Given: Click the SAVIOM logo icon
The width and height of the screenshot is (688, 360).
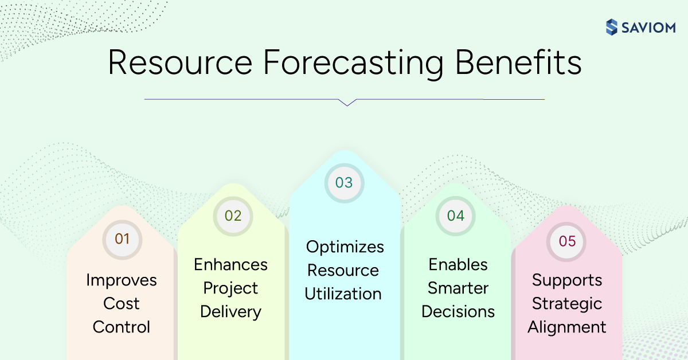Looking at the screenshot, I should [x=612, y=27].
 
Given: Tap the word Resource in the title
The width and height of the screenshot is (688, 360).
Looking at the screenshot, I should [x=179, y=64].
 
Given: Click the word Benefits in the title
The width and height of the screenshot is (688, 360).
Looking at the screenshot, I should [x=518, y=64].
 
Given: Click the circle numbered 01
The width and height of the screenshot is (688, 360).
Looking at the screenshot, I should [x=122, y=238].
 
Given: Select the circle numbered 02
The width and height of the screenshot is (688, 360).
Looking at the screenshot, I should [x=233, y=216].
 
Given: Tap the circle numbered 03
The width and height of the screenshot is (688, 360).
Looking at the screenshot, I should [x=344, y=182].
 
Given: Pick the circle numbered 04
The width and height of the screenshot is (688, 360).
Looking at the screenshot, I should [x=455, y=216].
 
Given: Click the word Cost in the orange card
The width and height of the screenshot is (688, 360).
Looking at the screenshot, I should [x=122, y=303].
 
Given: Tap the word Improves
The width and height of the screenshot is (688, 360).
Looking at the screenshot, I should [x=122, y=280].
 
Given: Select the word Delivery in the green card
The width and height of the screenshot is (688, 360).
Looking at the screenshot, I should [x=230, y=311].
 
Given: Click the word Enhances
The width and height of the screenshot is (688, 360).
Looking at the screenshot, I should [x=230, y=264].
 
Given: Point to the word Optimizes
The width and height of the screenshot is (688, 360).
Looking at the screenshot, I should [x=345, y=246].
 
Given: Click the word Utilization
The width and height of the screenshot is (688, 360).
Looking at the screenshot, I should [x=343, y=294].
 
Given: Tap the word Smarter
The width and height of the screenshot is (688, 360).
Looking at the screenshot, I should [x=458, y=288].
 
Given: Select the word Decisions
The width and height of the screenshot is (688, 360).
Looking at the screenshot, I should [x=458, y=311].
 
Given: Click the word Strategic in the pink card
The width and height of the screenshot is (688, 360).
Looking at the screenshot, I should [x=566, y=303].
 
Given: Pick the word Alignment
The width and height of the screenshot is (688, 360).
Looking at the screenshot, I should [x=566, y=327].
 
